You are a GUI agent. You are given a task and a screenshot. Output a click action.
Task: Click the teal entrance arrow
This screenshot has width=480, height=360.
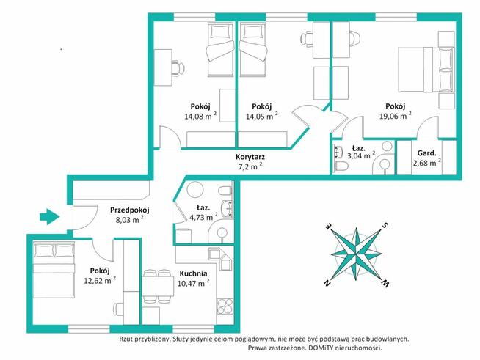(49, 216)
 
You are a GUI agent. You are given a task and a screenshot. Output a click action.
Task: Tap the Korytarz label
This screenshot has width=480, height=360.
(250, 157)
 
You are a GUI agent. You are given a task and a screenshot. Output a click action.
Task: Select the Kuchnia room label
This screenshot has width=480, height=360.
(193, 273)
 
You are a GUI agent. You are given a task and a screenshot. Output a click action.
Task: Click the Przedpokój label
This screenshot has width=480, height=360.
(129, 210)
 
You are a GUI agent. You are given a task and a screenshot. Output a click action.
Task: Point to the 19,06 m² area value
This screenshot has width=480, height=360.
(395, 116)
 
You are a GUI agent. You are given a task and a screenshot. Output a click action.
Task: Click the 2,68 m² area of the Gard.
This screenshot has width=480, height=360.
(427, 163)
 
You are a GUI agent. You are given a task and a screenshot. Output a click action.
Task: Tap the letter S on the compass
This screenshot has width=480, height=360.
(385, 226)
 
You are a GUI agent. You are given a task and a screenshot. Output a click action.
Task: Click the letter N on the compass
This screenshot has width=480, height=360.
(327, 284)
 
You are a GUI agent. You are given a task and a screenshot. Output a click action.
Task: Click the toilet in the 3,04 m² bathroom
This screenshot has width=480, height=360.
(341, 166)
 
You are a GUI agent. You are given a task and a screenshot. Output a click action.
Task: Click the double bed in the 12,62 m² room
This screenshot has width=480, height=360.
(54, 270)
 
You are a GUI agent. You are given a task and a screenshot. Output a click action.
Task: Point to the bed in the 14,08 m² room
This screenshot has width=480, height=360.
(219, 51)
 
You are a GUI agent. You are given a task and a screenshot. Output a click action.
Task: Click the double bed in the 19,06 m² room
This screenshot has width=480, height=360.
(426, 70)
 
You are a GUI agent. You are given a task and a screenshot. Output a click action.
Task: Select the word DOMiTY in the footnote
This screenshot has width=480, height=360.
(320, 348)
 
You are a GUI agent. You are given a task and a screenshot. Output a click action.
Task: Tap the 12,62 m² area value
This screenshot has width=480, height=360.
(100, 280)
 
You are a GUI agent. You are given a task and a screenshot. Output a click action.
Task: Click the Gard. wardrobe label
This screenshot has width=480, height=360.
(426, 153)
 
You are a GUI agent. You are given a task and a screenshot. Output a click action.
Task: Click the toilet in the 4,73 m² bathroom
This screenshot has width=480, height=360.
(226, 191)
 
